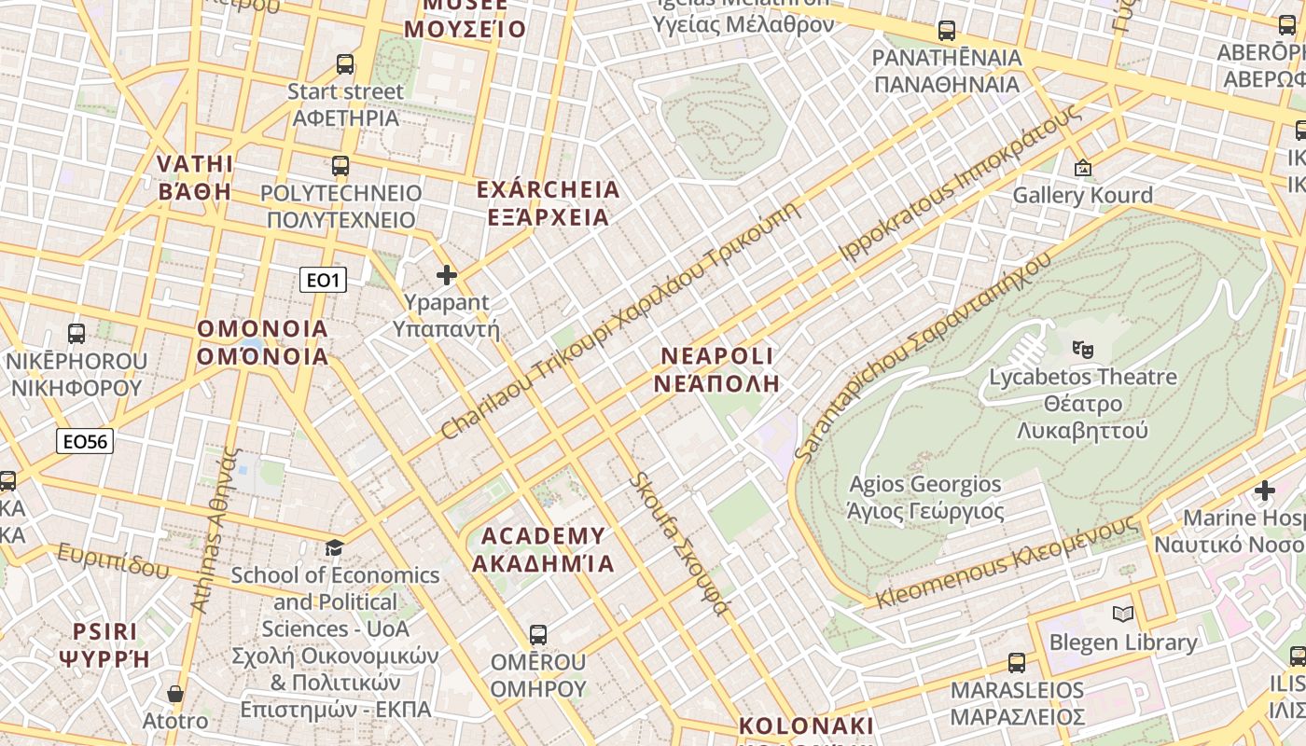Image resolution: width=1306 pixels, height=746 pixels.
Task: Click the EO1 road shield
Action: coord(323,280)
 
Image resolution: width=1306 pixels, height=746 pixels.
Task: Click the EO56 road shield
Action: coord(85,441)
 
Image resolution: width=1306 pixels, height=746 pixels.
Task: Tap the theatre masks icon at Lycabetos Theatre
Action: coord(1082,350)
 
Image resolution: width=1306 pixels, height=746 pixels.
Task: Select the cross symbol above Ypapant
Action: coord(447,275)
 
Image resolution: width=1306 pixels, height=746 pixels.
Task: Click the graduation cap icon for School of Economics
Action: coord(334,547)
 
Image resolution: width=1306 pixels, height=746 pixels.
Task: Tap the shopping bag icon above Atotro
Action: coord(174,694)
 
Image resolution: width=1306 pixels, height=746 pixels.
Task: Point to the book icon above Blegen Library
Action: coord(1122,614)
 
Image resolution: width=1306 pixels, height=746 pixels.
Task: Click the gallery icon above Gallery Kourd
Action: coord(1082,169)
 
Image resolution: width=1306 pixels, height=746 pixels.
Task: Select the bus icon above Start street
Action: coord(345,64)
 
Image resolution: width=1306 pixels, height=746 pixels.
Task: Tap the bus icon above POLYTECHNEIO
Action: coord(340,166)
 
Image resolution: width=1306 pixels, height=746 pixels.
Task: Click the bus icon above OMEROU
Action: coord(537,635)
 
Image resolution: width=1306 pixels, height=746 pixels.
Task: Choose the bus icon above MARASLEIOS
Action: coord(1017,663)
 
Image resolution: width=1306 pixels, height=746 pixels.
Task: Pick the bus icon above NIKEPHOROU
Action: coord(76,333)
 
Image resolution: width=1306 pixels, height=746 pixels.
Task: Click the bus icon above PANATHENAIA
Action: coord(947,31)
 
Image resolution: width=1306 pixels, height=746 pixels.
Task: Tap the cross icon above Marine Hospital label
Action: coord(1264,490)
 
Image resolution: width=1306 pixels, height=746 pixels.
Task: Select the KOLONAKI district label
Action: coord(807,726)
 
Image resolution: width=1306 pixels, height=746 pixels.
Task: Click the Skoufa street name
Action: coord(678,544)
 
